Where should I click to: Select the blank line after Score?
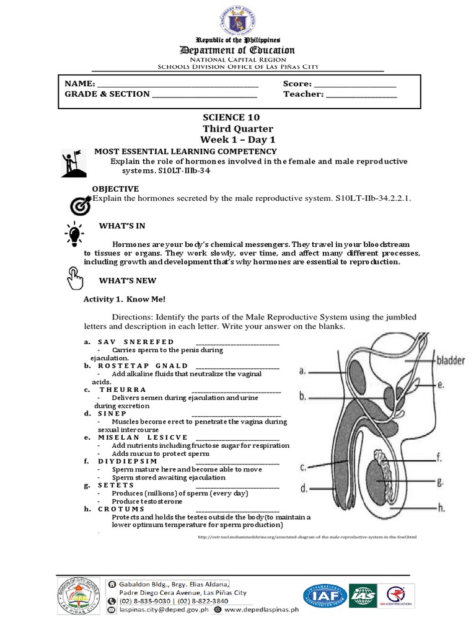coord(355,84)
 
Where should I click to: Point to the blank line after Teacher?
coord(361,94)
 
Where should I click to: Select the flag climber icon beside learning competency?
coord(72,163)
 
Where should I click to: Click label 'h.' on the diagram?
coord(442,508)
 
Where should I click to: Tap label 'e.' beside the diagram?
coord(440,384)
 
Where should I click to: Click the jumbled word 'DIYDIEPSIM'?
coord(127,461)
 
